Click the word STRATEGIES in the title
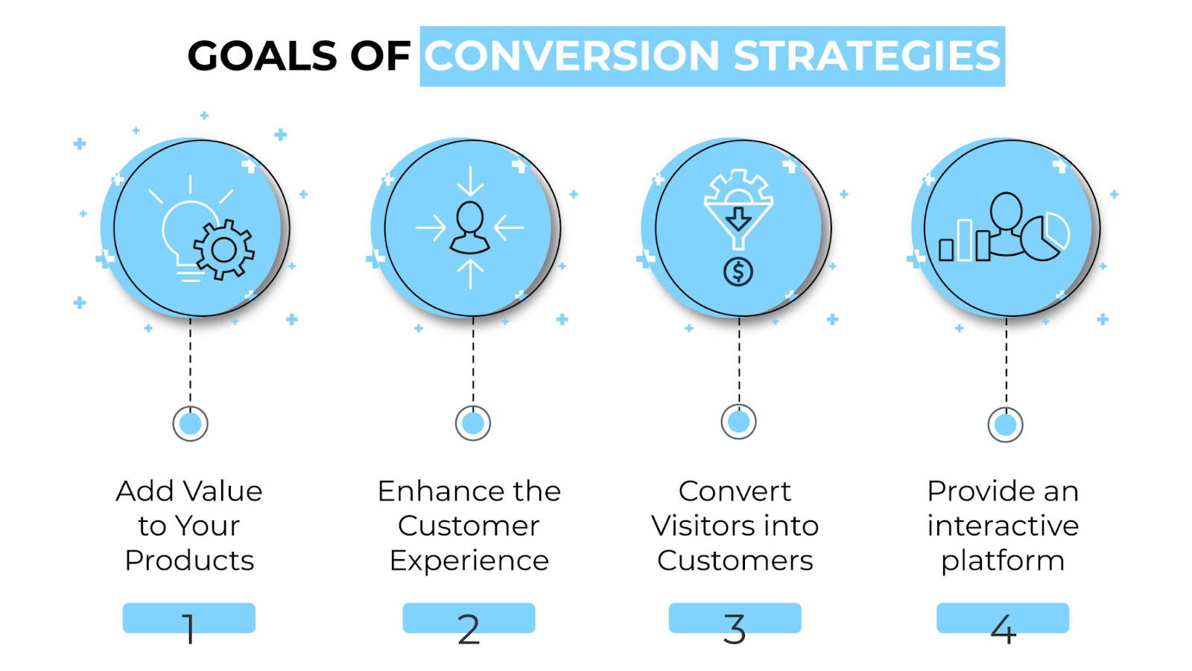click(x=867, y=57)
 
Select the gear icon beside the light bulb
click(x=223, y=250)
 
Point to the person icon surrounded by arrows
click(x=470, y=228)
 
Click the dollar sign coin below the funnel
click(x=738, y=271)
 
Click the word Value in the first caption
click(x=222, y=491)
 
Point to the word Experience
click(x=469, y=561)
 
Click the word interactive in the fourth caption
click(x=1003, y=526)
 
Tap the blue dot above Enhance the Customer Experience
click(x=473, y=423)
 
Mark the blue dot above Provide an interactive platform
click(x=1006, y=425)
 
